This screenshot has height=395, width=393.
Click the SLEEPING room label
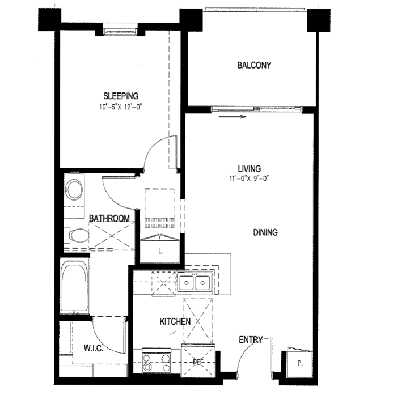coord(120,96)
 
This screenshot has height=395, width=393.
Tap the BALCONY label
coord(253,65)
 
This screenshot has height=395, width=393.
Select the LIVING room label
coord(249,168)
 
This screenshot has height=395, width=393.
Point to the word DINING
coord(265,232)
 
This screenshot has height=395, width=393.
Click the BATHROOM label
coord(109,218)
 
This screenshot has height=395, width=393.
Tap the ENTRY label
coord(250,340)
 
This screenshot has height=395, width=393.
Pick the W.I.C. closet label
coord(93,347)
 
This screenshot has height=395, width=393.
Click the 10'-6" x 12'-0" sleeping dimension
coord(120,106)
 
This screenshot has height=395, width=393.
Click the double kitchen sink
coord(193,281)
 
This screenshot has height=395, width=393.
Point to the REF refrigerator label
coord(197,361)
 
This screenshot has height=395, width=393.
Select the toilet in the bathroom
coord(78,234)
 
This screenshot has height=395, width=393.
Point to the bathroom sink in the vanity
coord(74,189)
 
